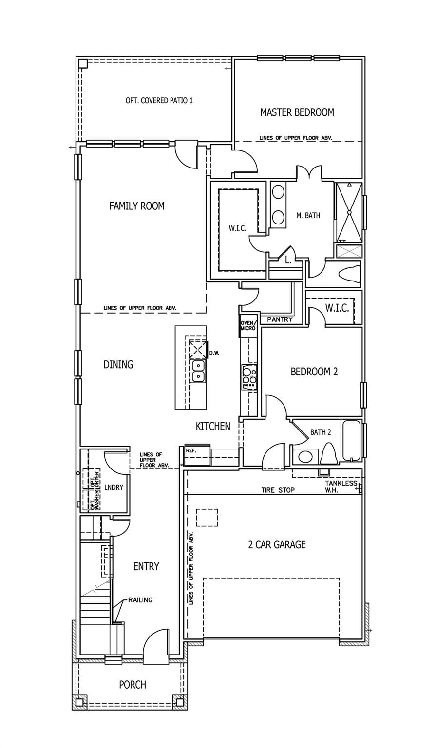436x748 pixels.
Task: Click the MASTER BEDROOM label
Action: tap(297, 112)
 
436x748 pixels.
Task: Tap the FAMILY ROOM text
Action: tap(137, 206)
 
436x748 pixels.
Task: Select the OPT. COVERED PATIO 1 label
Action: tap(159, 100)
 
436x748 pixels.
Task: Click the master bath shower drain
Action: tap(349, 212)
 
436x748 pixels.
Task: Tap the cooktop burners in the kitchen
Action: tap(249, 377)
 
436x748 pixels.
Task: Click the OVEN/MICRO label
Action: tap(248, 326)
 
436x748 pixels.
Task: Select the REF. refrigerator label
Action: tap(191, 450)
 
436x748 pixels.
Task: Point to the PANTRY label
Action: tap(280, 319)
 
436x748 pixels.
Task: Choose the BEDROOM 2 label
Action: tap(314, 372)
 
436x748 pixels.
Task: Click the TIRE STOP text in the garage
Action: tap(278, 490)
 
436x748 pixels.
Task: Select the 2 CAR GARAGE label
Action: tap(277, 544)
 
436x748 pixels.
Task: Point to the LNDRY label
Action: tap(114, 487)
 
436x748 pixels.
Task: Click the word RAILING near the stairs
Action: tap(140, 600)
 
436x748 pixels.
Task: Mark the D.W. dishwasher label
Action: tap(214, 353)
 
